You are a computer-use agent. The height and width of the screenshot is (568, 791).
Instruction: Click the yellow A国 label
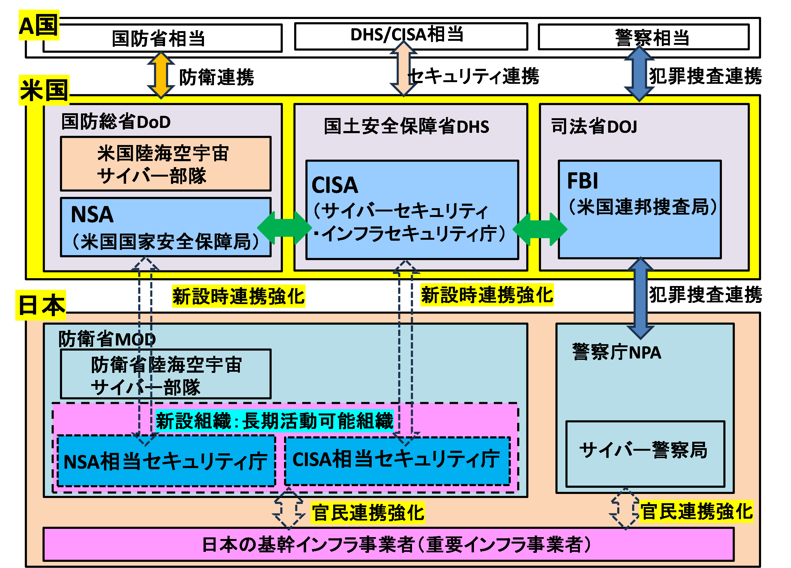pos(39,25)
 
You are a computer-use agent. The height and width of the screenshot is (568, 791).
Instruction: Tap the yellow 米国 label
pos(44,90)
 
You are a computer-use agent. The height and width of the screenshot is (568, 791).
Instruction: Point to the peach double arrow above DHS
pos(403,68)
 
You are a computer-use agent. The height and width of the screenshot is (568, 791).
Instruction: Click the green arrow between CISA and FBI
pos(540,229)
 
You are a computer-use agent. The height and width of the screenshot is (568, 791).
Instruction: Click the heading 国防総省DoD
pos(116,122)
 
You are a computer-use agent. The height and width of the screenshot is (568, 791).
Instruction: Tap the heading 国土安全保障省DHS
pos(406,126)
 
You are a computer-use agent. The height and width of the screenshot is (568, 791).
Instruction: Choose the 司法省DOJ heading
pos(594,126)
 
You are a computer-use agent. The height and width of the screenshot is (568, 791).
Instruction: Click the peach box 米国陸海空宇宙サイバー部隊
pos(166,164)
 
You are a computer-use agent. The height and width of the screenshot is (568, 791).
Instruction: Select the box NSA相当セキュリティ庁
pos(166,461)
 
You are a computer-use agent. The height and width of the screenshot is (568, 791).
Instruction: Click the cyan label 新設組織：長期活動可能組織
pos(275,421)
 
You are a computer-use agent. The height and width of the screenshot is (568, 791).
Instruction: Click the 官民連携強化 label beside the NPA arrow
pos(696,512)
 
